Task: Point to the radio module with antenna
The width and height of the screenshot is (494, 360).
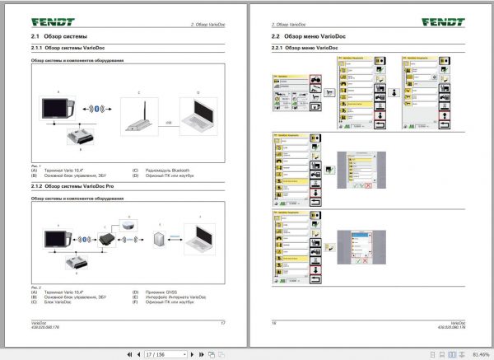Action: (141, 115)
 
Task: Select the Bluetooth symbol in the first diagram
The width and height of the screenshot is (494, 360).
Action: (97, 109)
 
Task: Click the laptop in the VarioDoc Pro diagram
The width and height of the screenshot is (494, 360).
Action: (200, 240)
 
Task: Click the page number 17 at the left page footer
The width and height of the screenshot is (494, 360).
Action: (222, 323)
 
